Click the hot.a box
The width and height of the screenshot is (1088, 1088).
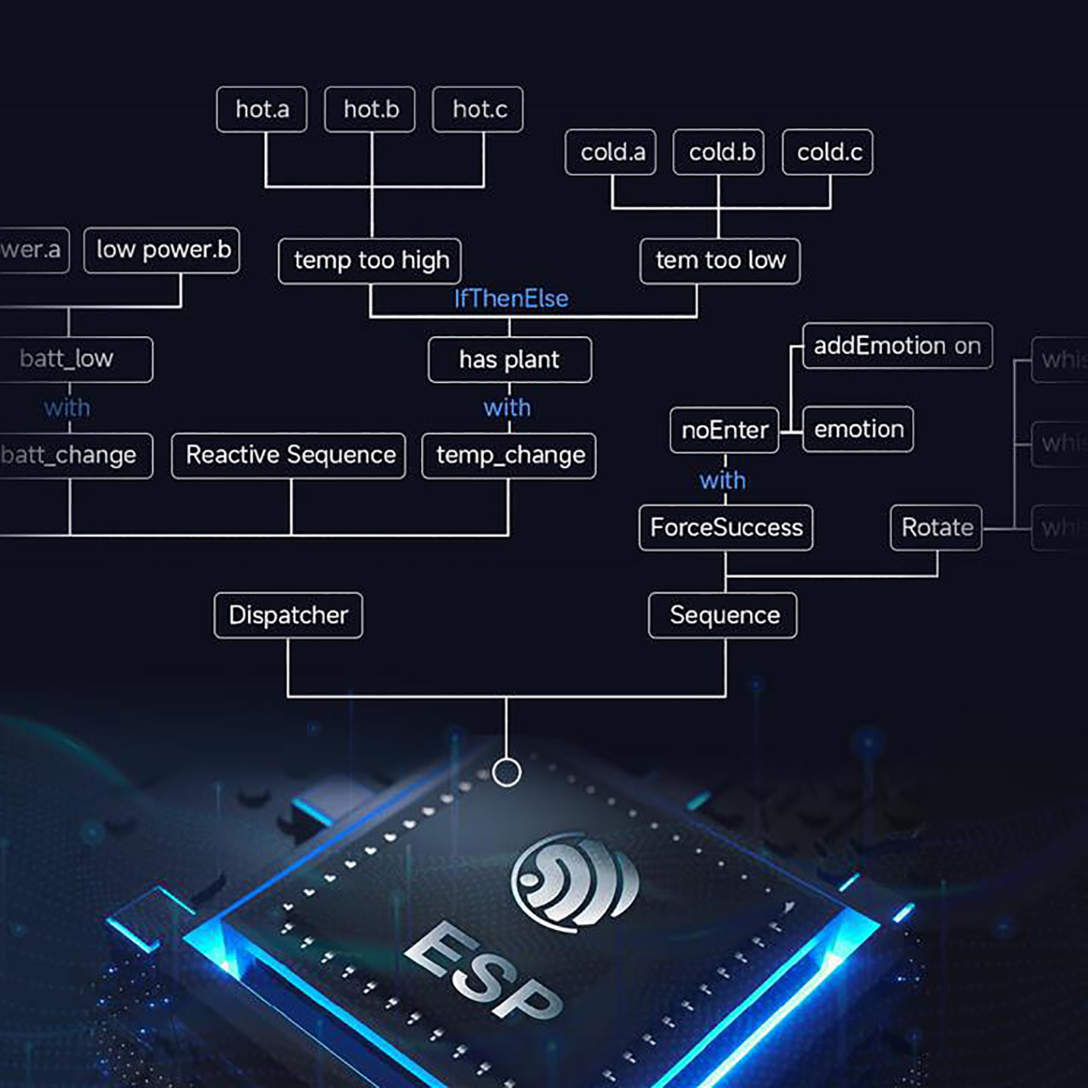[x=262, y=109]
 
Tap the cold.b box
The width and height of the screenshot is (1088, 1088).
[x=719, y=152]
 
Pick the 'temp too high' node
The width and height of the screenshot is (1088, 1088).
[x=370, y=260]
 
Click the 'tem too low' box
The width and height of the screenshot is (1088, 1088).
[x=720, y=260]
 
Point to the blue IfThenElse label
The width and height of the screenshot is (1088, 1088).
[x=511, y=299]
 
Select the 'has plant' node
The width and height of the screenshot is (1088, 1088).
[x=509, y=360]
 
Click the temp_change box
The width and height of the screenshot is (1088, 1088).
[x=509, y=456]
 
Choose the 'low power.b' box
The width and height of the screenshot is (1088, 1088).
[x=162, y=250]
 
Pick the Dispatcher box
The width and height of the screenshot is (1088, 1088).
[x=288, y=615]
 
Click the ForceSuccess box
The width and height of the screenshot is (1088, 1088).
[x=726, y=528]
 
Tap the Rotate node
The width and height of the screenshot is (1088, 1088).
[x=936, y=528]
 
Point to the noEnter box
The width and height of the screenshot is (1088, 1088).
[x=724, y=430]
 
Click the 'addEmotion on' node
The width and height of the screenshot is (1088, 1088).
[x=897, y=346]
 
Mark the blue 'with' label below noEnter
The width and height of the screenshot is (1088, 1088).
[x=722, y=481]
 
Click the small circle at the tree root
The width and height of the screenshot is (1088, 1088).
[x=507, y=772]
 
